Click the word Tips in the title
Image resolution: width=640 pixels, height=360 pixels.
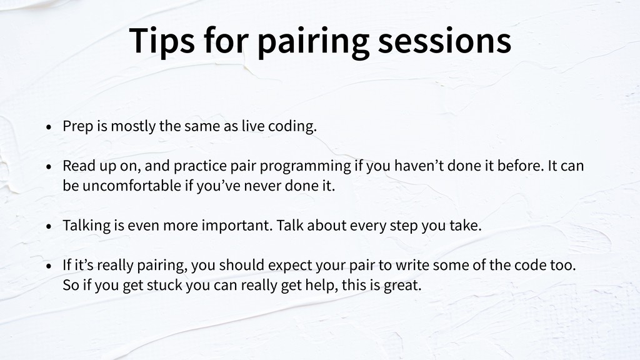162,41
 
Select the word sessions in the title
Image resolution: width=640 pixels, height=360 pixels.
444,41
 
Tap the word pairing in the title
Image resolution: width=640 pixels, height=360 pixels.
314,42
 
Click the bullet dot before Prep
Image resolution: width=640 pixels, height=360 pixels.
49,127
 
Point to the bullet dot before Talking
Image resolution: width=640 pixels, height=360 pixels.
49,226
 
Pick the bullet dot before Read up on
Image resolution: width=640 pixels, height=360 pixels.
49,166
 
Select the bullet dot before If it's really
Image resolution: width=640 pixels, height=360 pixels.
49,266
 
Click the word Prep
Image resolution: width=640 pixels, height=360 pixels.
78,126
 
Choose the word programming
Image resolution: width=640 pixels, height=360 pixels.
305,166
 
